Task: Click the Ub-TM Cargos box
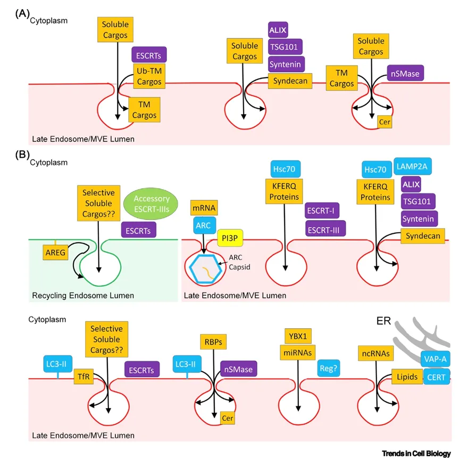(149, 76)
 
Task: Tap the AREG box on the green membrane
(55, 254)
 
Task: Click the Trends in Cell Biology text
(416, 453)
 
